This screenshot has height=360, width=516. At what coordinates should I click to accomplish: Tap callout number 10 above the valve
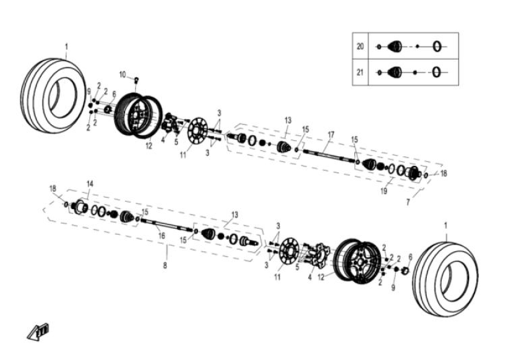coord(122,74)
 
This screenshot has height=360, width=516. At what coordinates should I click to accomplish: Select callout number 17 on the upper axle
coord(331,134)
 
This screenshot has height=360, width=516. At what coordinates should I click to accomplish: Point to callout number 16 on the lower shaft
coord(161,236)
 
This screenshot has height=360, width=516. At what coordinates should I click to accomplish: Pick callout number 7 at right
coord(409,203)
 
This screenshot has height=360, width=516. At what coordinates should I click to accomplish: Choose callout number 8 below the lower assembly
coord(166,265)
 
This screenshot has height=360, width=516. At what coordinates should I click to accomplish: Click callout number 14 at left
coord(90,183)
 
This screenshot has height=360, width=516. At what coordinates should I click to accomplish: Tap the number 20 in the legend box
coord(360,46)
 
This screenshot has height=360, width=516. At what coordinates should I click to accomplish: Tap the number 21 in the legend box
coord(360,72)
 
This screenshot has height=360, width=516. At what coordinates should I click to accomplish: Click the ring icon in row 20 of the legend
coord(439,46)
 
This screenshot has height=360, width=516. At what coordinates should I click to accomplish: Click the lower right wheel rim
coord(357,259)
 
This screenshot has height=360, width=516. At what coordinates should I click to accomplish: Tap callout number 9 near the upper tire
coord(89,91)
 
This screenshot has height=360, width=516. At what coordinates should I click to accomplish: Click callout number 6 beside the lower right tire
coord(410,256)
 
